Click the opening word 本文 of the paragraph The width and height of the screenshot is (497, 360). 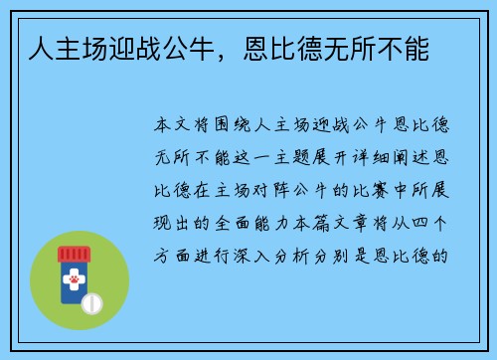click(x=168, y=128)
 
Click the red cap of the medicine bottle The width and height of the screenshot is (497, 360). click(x=74, y=254)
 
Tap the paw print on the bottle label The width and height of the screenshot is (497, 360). click(x=75, y=282)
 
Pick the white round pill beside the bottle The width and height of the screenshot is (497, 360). click(x=92, y=301)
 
